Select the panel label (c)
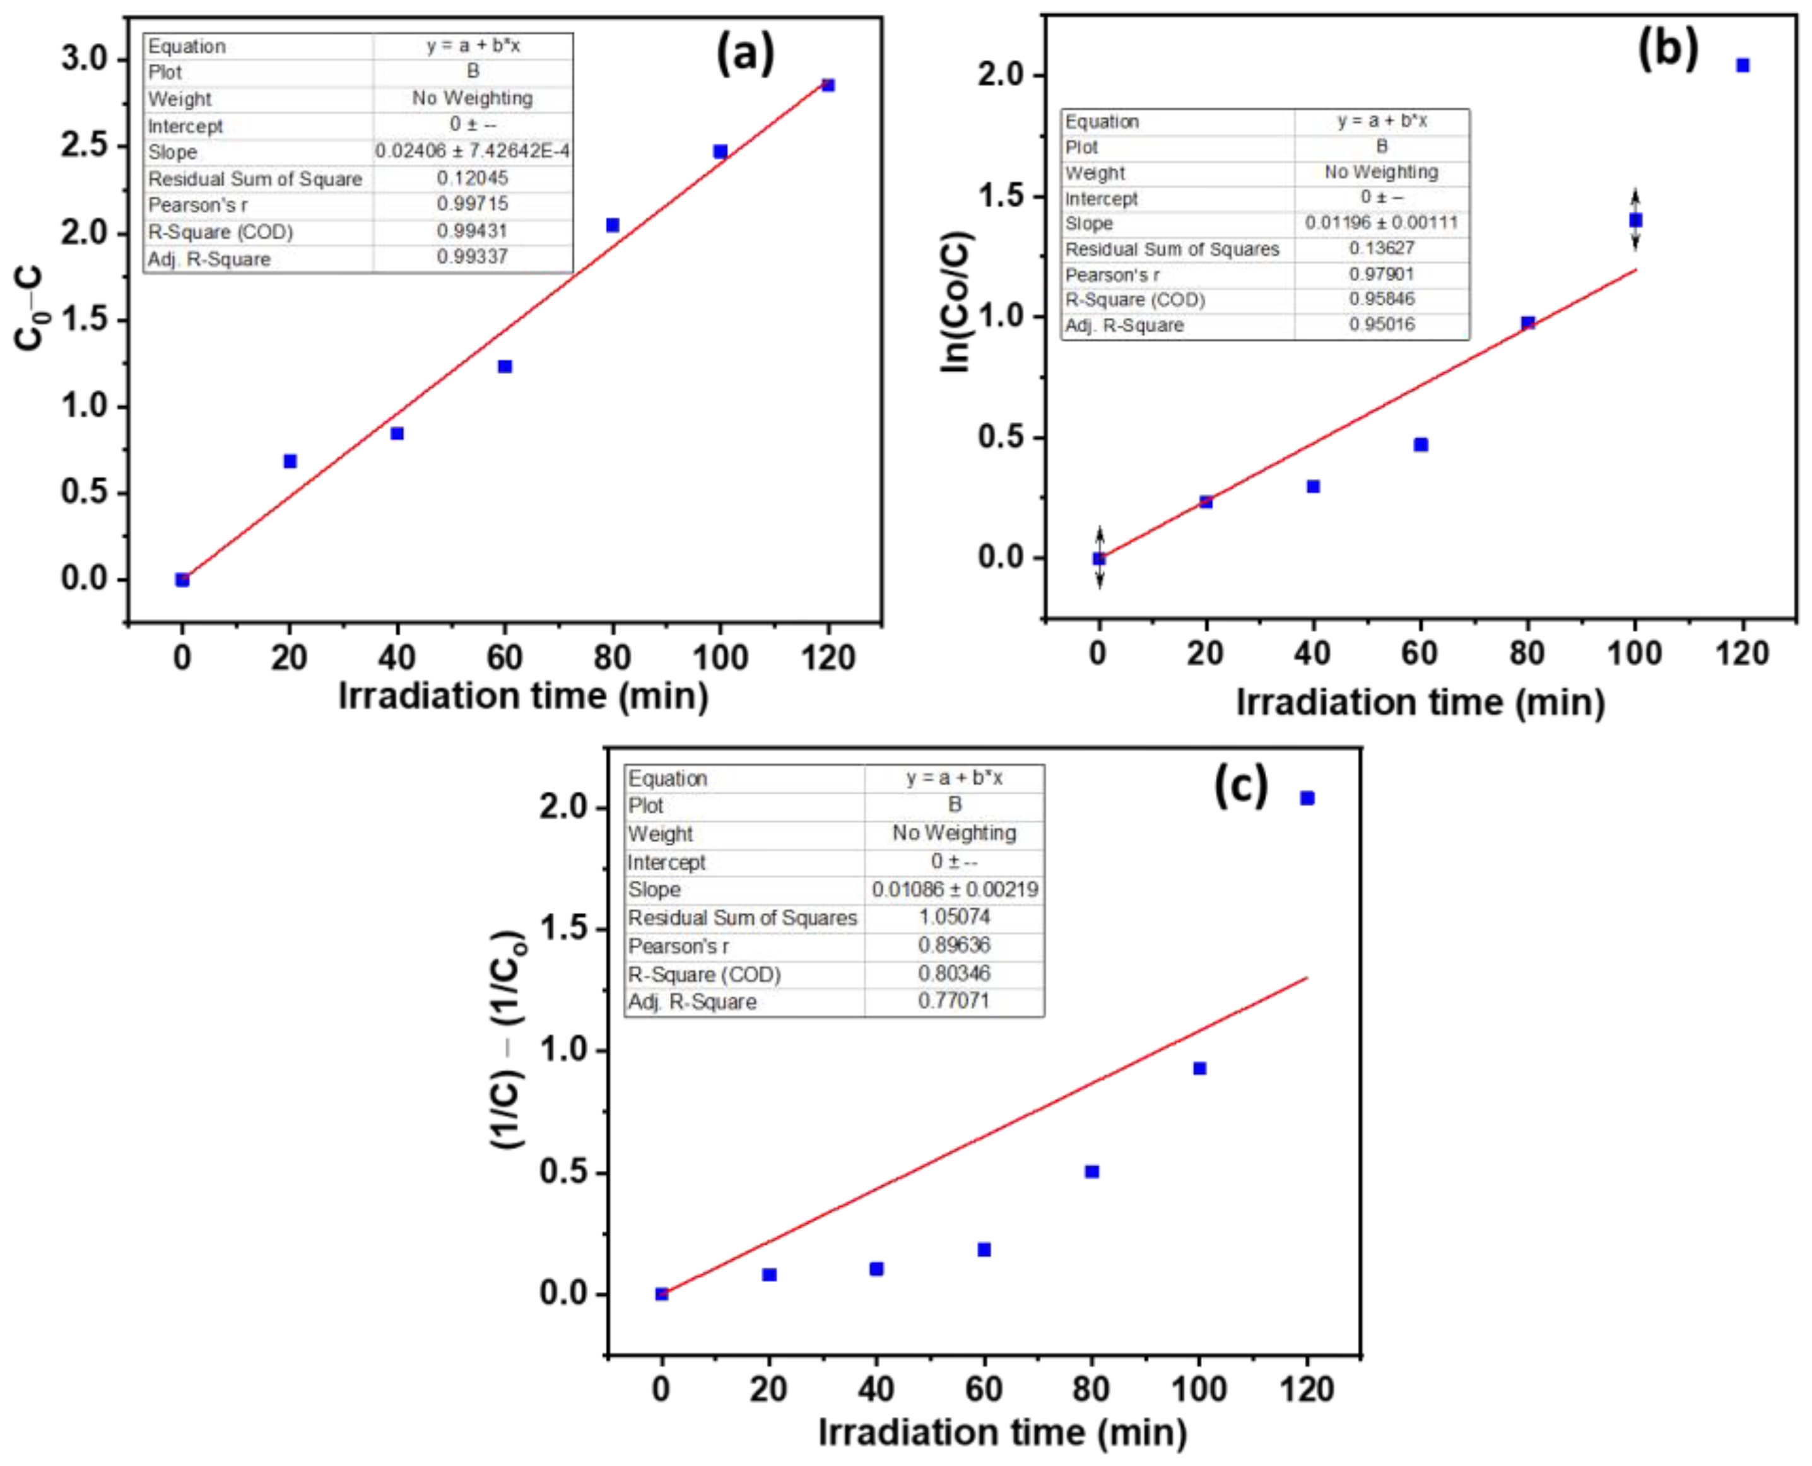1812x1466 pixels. tap(1240, 785)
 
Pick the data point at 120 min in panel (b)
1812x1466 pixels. tap(1742, 65)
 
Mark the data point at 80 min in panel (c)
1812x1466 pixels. tap(1091, 1171)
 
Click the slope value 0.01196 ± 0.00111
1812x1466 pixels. tap(1381, 223)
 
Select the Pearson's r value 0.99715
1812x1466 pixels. tap(472, 204)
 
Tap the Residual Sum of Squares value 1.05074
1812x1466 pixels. tap(954, 917)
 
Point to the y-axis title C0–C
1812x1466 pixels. tap(30, 308)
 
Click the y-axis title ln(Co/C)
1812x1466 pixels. tap(957, 302)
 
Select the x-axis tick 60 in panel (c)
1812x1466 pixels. tap(984, 1389)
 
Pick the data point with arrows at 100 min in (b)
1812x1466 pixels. tap(1635, 220)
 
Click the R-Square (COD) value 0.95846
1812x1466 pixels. tap(1381, 299)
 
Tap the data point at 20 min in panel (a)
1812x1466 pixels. tap(290, 461)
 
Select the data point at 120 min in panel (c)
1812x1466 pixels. tap(1307, 798)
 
